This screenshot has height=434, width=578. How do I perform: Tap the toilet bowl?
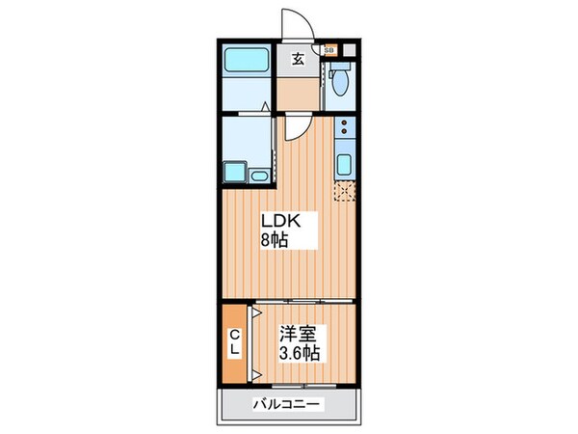click(x=338, y=83)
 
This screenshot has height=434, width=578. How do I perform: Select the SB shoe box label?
click(x=329, y=48)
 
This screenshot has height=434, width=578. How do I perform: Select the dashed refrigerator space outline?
click(x=344, y=188)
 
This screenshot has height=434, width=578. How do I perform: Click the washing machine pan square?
click(x=234, y=173)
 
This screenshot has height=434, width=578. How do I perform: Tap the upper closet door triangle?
click(x=256, y=314)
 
